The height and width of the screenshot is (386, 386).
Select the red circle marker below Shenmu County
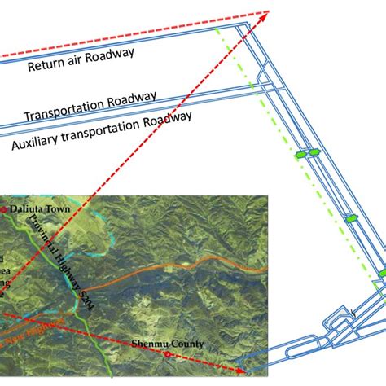tap(166, 354)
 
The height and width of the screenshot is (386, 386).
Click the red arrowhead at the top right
tap(264, 13)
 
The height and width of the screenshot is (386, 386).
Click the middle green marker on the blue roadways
tap(350, 218)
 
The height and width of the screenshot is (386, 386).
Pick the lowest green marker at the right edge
tap(379, 272)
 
